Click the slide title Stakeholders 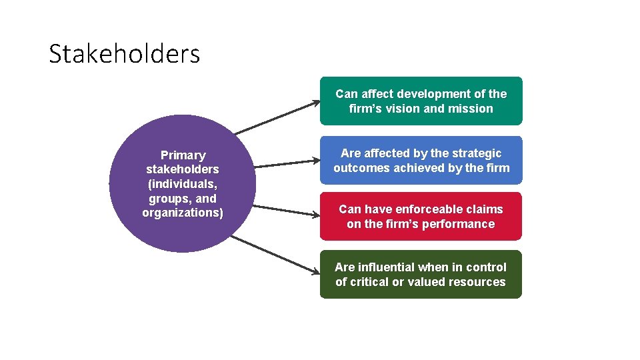pos(124,53)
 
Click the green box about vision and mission pos(421,101)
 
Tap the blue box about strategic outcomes pos(421,161)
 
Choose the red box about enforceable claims pos(421,217)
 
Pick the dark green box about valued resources pos(421,275)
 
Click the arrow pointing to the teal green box pos(277,117)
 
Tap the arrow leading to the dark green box pos(277,254)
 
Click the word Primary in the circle pos(183,155)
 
